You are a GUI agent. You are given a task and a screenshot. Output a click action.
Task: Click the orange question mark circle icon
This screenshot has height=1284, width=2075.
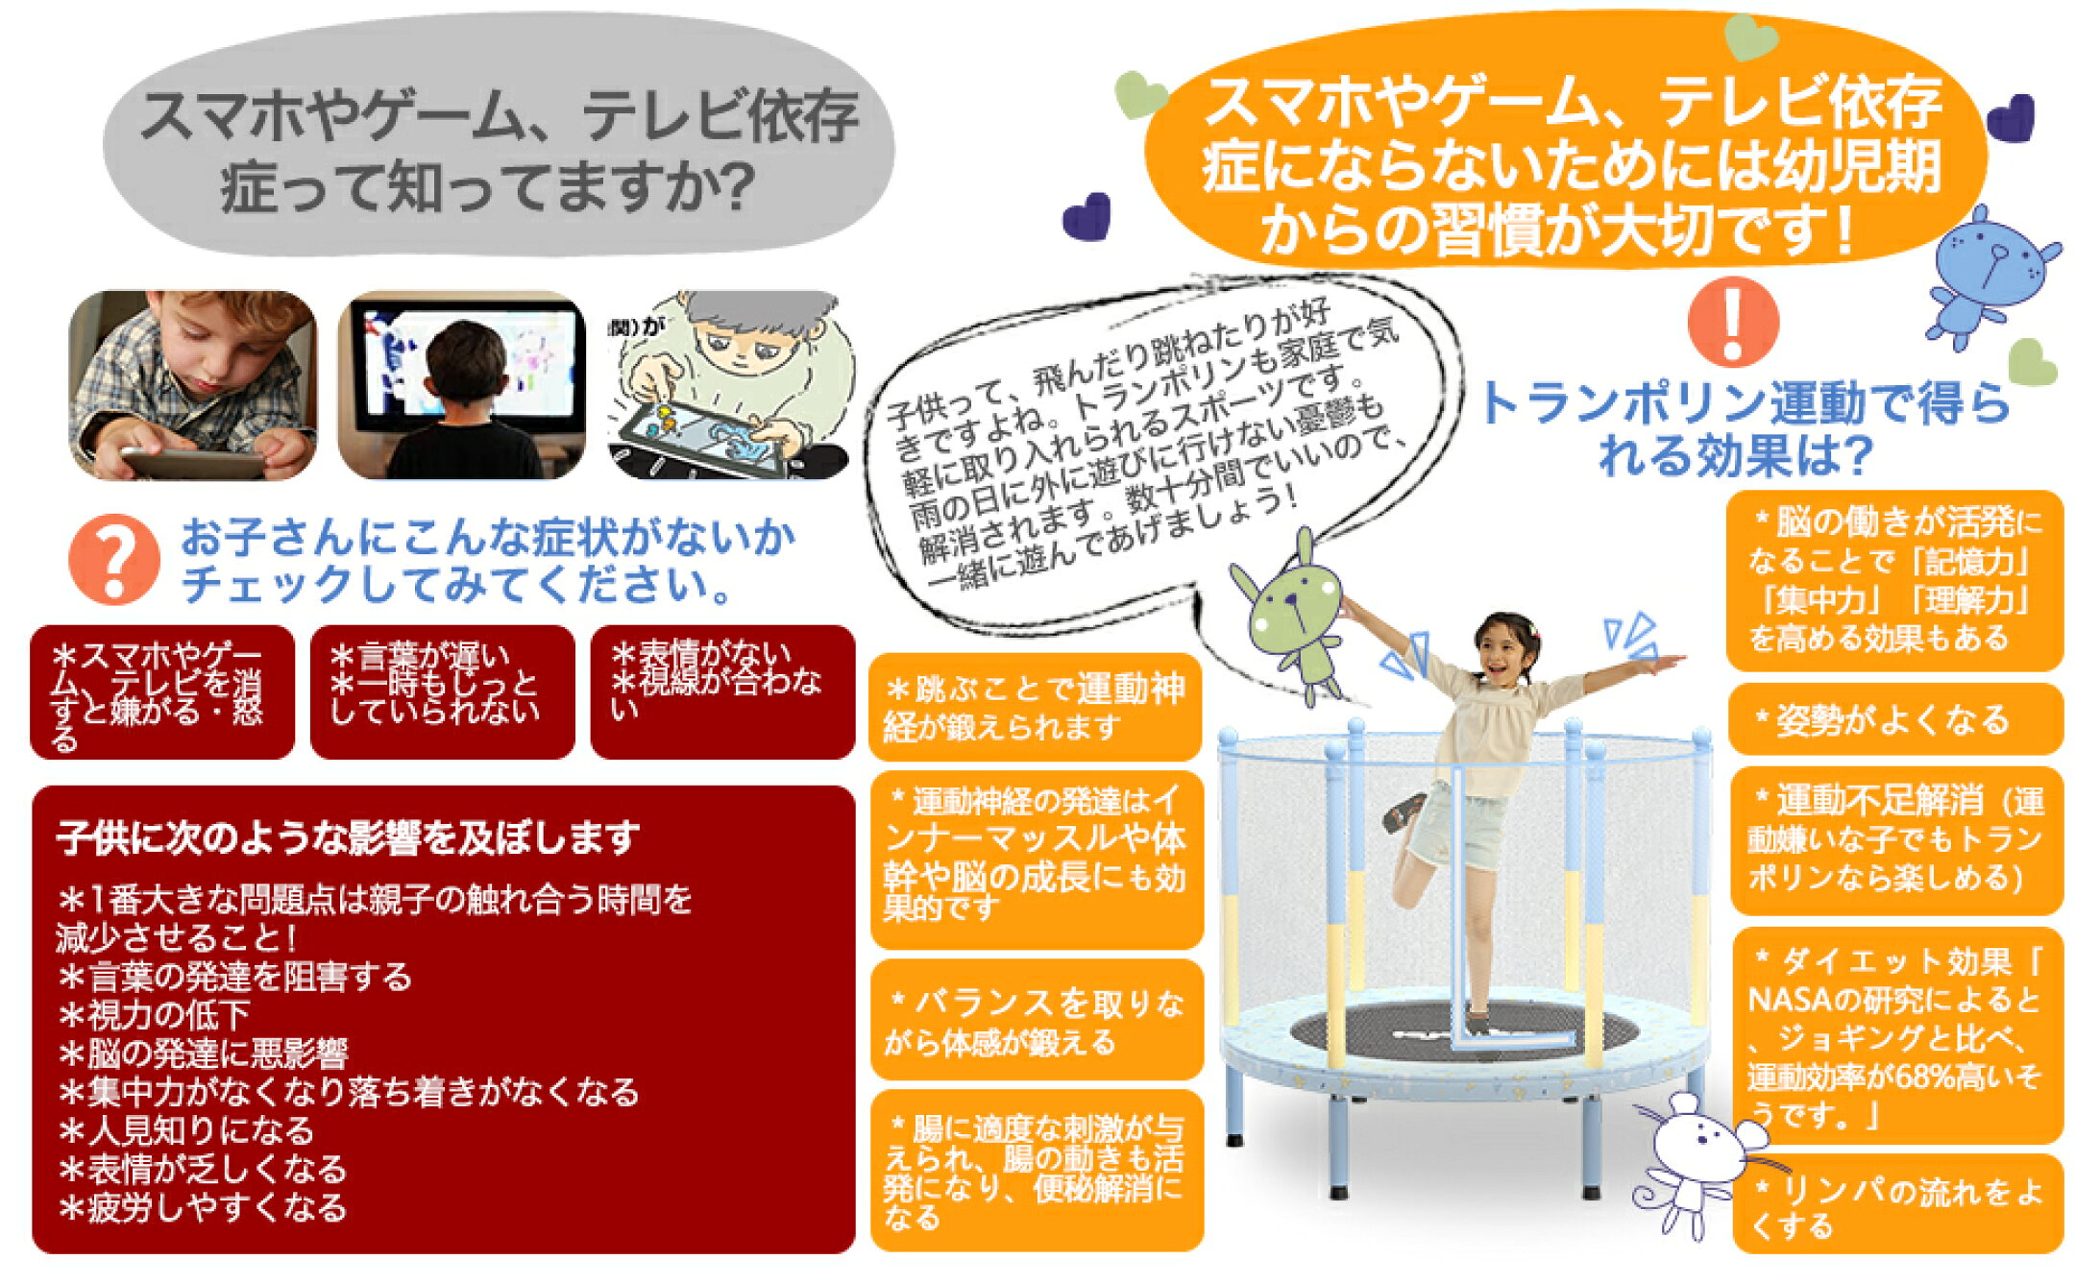click(113, 559)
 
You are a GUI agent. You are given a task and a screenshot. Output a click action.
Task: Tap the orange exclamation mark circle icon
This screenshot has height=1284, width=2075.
click(1733, 322)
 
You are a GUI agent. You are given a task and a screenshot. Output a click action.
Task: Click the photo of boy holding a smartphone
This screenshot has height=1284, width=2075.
click(192, 385)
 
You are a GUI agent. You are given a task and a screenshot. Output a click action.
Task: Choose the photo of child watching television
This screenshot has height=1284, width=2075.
click(462, 385)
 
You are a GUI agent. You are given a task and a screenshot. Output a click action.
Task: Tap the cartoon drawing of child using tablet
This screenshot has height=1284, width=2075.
click(729, 385)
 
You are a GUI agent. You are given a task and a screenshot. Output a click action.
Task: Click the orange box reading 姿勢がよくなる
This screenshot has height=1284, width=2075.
click(1894, 719)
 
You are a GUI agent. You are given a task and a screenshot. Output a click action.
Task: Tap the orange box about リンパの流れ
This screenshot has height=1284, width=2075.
click(1897, 1204)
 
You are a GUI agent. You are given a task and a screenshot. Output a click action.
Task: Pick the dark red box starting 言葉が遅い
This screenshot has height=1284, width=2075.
click(442, 691)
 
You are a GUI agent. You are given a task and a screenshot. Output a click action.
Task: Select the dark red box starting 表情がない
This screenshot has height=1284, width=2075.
click(722, 691)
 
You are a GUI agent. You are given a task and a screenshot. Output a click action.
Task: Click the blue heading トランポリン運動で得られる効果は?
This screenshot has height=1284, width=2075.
click(1745, 428)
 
